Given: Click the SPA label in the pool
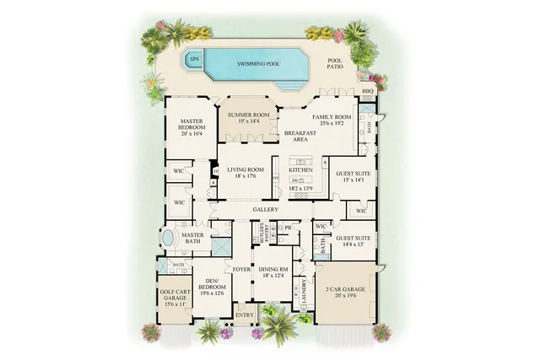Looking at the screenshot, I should click(194, 59).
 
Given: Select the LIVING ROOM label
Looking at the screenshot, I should click(246, 173).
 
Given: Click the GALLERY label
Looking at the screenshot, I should click(265, 209).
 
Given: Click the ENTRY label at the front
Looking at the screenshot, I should click(245, 315).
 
